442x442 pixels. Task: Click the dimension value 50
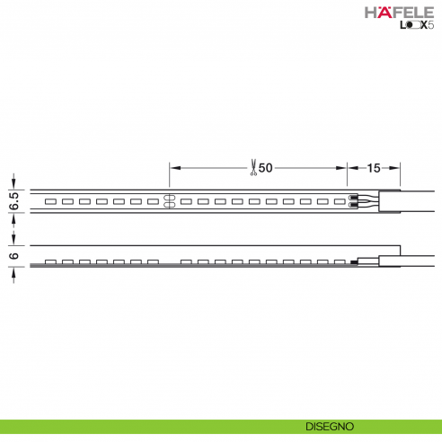[x=267, y=167]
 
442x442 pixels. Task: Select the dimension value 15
[x=375, y=167]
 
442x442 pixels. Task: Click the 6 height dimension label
[x=13, y=255]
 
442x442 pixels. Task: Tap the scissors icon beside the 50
[x=254, y=167]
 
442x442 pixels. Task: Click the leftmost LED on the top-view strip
[x=50, y=201]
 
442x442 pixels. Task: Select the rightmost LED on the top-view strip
[x=340, y=201]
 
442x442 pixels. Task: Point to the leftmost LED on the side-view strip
[x=50, y=261]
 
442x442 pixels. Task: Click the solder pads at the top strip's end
[x=356, y=201]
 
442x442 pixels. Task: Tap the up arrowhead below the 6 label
[x=13, y=272]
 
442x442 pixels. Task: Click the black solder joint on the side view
[x=354, y=261]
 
